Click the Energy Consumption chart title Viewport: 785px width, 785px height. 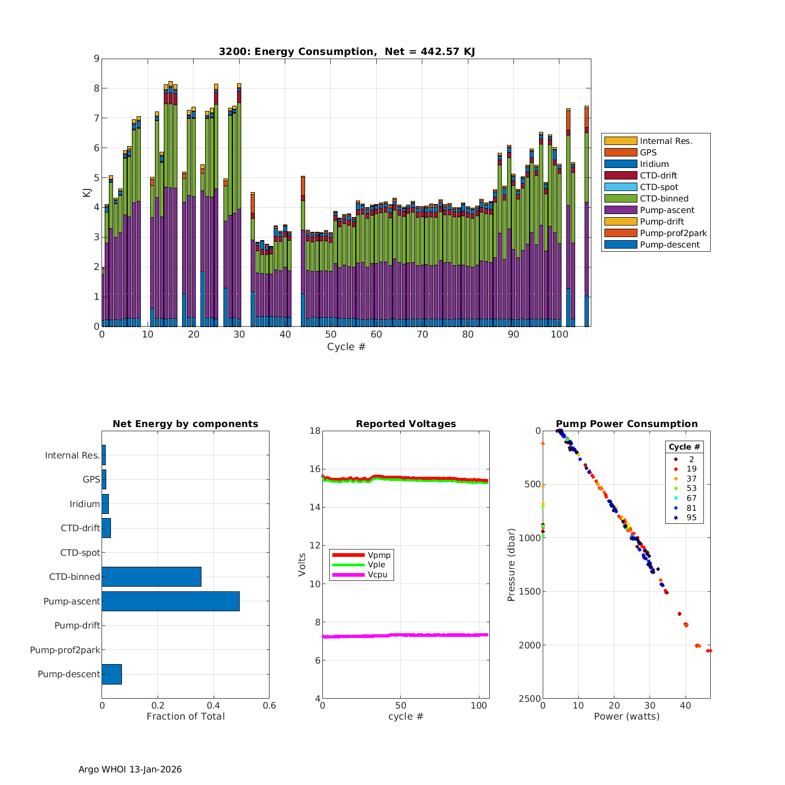click(x=346, y=51)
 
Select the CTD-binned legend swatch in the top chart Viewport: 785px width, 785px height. click(x=621, y=198)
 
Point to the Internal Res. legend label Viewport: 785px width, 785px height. click(x=666, y=141)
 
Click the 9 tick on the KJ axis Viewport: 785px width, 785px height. click(x=96, y=59)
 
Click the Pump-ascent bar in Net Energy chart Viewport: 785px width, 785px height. click(x=171, y=601)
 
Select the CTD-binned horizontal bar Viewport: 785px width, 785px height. click(x=151, y=577)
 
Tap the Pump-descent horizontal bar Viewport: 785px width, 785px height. click(x=111, y=674)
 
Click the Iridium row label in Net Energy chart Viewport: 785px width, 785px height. click(x=84, y=504)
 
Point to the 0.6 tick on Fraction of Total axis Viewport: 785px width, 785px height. click(x=269, y=706)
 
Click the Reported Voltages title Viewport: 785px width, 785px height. click(x=406, y=424)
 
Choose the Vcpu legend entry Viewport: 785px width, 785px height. click(x=377, y=575)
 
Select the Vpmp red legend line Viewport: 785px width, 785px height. click(x=348, y=555)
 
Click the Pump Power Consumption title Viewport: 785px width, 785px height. click(x=626, y=424)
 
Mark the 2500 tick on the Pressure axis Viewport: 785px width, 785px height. click(x=530, y=699)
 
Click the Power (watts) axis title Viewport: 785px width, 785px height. click(x=626, y=716)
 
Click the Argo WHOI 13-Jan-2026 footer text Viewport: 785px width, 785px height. click(x=130, y=769)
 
